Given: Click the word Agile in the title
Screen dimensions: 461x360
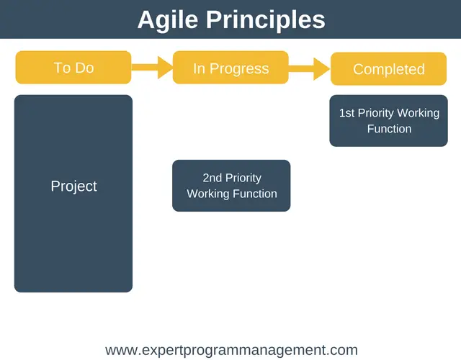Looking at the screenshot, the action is point(168,21).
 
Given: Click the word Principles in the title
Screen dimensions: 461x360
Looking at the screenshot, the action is point(266,20).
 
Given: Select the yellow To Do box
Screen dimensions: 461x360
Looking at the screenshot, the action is point(73,67).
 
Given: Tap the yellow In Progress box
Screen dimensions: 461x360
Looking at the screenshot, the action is point(230,67).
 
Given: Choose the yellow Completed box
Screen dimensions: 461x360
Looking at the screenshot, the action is point(389,69).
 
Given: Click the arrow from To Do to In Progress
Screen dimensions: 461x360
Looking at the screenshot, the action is point(152,67).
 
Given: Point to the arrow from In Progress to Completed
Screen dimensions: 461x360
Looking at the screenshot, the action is point(309,69).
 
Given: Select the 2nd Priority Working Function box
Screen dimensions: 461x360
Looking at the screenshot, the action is point(231,186).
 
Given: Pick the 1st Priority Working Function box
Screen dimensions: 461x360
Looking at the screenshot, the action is point(389,121).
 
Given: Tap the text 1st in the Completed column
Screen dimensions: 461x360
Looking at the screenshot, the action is point(346,113).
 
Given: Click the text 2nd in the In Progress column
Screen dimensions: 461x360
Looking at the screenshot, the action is point(212,178).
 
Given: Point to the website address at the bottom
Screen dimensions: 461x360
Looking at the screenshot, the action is point(232,351).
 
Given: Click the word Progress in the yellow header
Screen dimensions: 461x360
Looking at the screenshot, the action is point(239,69).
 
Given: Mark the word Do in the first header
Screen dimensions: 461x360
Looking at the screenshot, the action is point(85,68).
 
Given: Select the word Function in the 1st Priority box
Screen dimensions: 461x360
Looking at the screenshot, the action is point(389,129).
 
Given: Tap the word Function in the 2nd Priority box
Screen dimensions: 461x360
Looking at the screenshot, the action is point(254,194).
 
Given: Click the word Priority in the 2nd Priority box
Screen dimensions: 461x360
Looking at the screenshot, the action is point(243,179).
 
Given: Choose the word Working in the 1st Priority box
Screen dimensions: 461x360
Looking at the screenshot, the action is point(418,114).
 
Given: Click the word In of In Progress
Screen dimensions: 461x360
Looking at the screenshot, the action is point(199,68).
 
